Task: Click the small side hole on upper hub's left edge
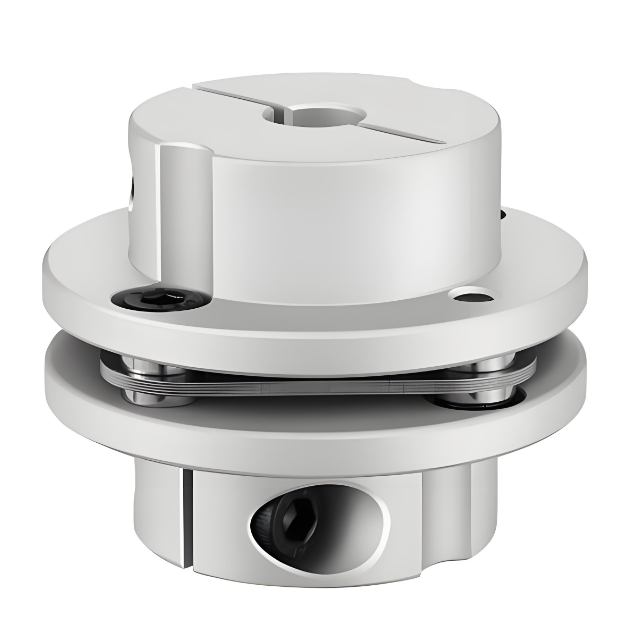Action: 136,186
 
